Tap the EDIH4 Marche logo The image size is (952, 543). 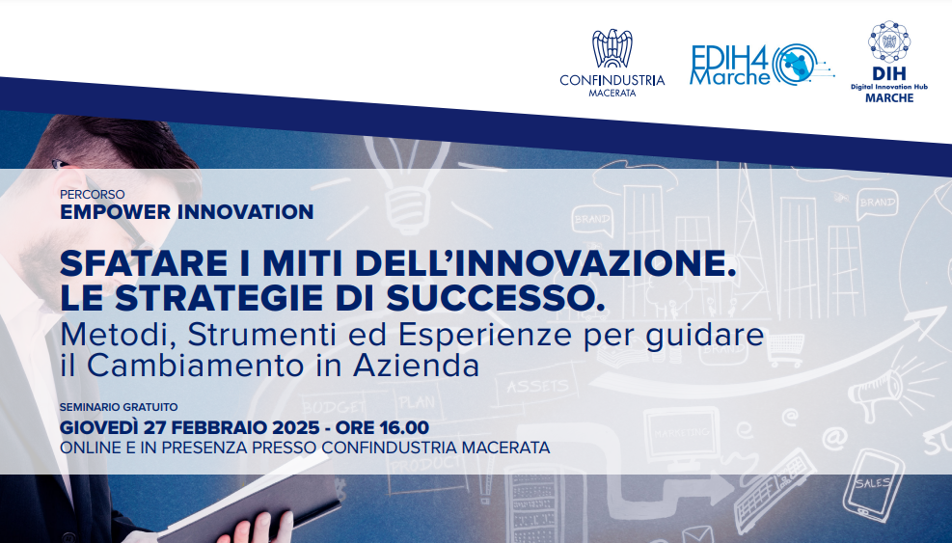click(x=762, y=65)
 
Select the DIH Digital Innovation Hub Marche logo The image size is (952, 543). click(x=889, y=62)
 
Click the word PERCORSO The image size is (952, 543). click(x=93, y=195)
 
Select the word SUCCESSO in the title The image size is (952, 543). click(x=496, y=298)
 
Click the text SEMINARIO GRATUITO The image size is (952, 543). click(x=119, y=407)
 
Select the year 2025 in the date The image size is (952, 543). click(x=296, y=427)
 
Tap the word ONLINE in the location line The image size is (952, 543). click(x=88, y=448)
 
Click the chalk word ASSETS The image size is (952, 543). click(x=538, y=387)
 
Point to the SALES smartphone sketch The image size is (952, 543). click(x=873, y=484)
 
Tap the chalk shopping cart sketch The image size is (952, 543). click(x=785, y=350)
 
